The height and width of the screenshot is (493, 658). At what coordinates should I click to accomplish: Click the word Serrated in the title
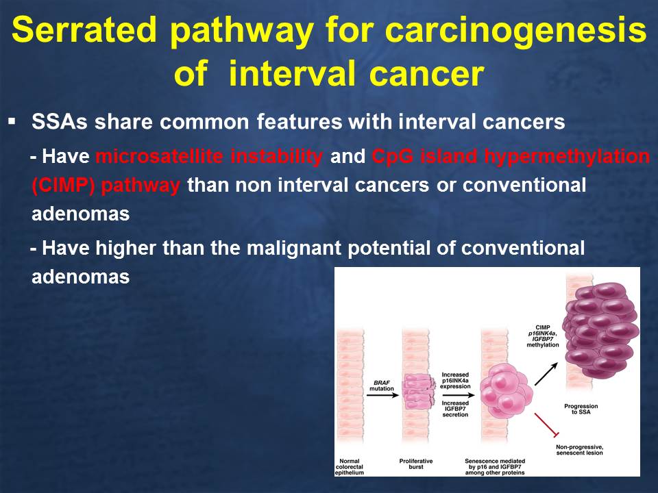(84, 29)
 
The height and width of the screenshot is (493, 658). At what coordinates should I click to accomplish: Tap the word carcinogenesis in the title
(515, 31)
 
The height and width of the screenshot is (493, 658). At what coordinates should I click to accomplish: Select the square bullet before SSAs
(12, 122)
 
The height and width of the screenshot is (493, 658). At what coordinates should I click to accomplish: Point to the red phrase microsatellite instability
(210, 156)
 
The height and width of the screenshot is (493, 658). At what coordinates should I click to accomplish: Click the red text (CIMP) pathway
(106, 186)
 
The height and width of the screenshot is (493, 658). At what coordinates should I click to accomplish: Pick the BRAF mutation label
(382, 385)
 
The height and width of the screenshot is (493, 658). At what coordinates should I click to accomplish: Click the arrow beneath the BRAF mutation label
(382, 395)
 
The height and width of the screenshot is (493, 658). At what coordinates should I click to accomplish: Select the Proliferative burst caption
(416, 464)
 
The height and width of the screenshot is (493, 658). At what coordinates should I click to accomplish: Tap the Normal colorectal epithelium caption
(350, 466)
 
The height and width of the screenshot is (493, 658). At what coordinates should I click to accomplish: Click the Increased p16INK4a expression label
(455, 381)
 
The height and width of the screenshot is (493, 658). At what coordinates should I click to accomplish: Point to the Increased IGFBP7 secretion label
(455, 409)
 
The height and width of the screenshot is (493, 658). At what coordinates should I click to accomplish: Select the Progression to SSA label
(581, 409)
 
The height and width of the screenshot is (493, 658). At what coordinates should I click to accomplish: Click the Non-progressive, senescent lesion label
(580, 450)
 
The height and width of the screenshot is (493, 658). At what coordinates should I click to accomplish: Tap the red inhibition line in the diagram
(546, 425)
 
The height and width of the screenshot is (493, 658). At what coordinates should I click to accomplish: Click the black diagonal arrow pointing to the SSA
(546, 374)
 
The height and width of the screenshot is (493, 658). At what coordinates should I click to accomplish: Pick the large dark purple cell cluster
(601, 329)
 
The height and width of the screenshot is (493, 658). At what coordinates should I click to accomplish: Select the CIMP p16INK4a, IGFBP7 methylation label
(543, 336)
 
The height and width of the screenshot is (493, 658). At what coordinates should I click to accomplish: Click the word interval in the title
(293, 74)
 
